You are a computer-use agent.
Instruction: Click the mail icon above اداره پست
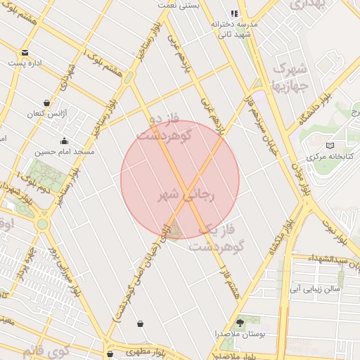pyautogui.click(x=25, y=53)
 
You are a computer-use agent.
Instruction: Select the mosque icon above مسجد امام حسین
pyautogui.click(x=65, y=141)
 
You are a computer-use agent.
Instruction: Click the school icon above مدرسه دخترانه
pyautogui.click(x=235, y=13)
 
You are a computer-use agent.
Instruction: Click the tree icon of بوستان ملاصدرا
pyautogui.click(x=241, y=322)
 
